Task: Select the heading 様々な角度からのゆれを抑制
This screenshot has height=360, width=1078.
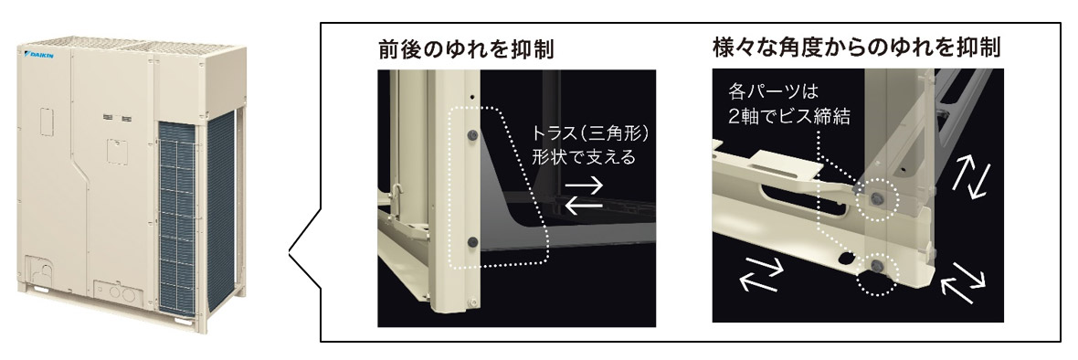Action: click(x=857, y=48)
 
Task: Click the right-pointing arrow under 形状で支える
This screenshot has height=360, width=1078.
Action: click(x=584, y=185)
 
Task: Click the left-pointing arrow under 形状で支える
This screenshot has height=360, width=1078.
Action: click(x=584, y=204)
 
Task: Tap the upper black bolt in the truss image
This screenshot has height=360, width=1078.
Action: click(x=472, y=136)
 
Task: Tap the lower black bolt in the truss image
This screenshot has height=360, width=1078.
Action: click(x=473, y=241)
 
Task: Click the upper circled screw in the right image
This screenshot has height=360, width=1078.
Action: click(x=876, y=198)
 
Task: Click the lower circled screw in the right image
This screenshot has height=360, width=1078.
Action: click(x=875, y=266)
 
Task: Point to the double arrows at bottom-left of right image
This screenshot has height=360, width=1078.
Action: click(x=762, y=275)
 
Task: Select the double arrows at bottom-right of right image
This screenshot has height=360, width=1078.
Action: click(x=963, y=281)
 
